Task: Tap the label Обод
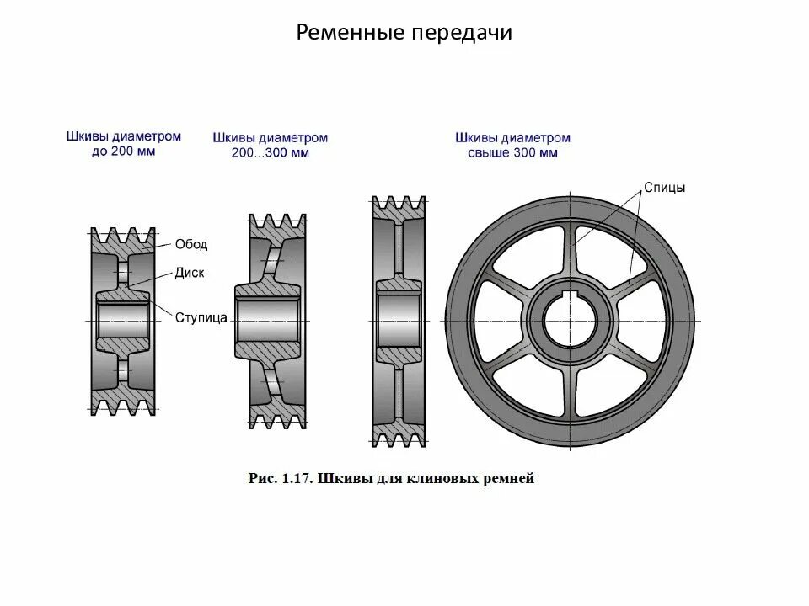tap(191, 245)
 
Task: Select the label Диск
tap(190, 273)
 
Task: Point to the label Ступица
tap(201, 317)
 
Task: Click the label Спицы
tap(664, 188)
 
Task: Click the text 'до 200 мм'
tap(122, 152)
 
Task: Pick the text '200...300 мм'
tap(271, 153)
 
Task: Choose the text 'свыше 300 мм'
tap(512, 153)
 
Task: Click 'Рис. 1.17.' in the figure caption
tap(281, 480)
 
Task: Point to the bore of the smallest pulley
tap(123, 321)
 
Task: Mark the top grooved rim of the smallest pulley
tap(123, 238)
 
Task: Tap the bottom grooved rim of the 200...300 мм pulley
tap(277, 415)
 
